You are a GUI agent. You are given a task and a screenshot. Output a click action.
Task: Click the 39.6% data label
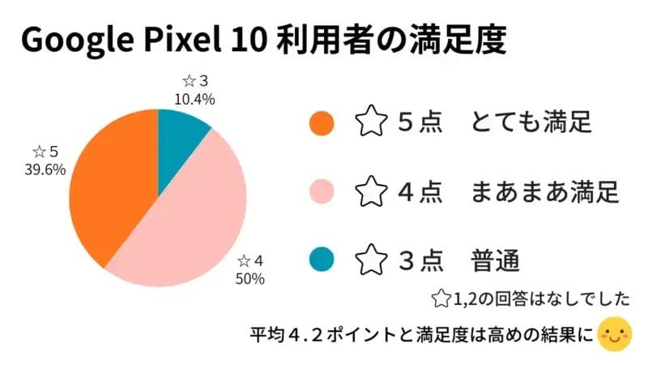(45, 170)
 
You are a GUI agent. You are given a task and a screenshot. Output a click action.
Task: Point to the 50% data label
(249, 279)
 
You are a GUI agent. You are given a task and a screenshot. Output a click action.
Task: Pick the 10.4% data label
(194, 100)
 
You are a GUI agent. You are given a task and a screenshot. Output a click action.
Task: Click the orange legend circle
(322, 123)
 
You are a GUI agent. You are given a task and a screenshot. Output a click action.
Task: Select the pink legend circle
(322, 192)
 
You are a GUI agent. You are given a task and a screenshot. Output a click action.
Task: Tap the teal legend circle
(322, 261)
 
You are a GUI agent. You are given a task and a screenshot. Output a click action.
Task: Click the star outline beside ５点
(371, 123)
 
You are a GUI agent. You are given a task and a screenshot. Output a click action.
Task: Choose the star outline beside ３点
(371, 261)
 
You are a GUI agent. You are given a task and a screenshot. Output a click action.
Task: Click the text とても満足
(531, 123)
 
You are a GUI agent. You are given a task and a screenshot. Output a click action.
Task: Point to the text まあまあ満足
(544, 192)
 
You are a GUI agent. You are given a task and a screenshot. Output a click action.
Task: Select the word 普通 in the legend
(493, 261)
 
